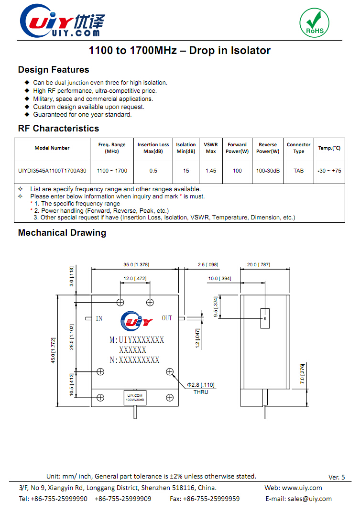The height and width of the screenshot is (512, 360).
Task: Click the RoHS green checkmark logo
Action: pyautogui.click(x=315, y=22)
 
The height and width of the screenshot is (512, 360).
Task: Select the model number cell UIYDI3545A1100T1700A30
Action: pyautogui.click(x=52, y=171)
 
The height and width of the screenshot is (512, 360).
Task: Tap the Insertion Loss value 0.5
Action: pyautogui.click(x=153, y=171)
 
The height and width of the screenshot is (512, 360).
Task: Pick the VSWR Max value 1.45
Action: pyautogui.click(x=211, y=171)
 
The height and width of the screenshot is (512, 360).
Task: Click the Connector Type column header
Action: pyautogui.click(x=298, y=148)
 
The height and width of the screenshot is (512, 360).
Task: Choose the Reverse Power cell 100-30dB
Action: pyautogui.click(x=268, y=171)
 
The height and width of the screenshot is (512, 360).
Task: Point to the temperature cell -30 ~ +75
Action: pyautogui.click(x=329, y=171)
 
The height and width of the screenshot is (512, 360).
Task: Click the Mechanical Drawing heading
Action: pyautogui.click(x=62, y=233)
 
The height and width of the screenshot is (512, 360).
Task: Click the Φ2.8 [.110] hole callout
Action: pyautogui.click(x=201, y=384)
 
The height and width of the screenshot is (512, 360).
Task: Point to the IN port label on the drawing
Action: pyautogui.click(x=99, y=318)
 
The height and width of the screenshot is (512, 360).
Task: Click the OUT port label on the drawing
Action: pyautogui.click(x=167, y=318)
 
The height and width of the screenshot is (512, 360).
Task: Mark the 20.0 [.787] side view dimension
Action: pyautogui.click(x=258, y=264)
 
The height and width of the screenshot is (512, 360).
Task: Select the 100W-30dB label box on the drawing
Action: pyautogui.click(x=135, y=397)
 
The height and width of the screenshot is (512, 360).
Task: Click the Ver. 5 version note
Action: pyautogui.click(x=337, y=477)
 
